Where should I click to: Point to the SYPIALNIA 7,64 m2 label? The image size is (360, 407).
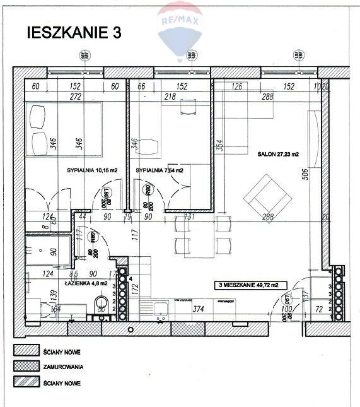point(160,170)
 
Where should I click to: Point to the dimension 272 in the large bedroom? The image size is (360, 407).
point(75,97)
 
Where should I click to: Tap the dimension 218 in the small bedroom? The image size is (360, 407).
point(169,97)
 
